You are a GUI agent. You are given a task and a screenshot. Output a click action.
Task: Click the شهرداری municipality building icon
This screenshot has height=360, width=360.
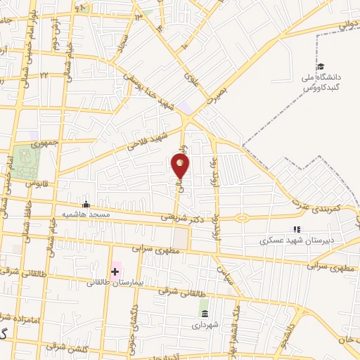[x=204, y=313]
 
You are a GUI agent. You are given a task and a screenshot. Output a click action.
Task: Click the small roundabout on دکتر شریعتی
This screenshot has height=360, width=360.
[x=242, y=217]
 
